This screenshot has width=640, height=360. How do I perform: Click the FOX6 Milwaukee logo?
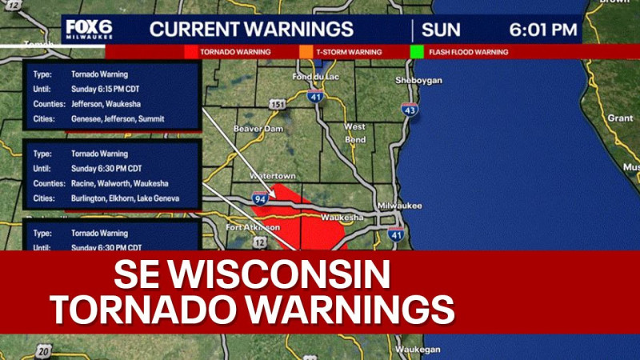click(x=89, y=30)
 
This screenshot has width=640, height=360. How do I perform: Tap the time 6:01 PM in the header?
click(x=543, y=30)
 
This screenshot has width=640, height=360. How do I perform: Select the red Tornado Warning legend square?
click(x=190, y=52)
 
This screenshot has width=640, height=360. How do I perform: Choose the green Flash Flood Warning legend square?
click(x=416, y=52)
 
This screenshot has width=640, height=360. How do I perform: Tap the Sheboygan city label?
click(x=419, y=82)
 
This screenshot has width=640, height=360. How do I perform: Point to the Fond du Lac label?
click(x=311, y=77)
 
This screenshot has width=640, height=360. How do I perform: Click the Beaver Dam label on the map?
click(x=254, y=129)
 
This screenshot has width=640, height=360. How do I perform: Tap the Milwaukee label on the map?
click(x=400, y=206)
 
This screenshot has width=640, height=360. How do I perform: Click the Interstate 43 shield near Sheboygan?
click(x=410, y=110)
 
